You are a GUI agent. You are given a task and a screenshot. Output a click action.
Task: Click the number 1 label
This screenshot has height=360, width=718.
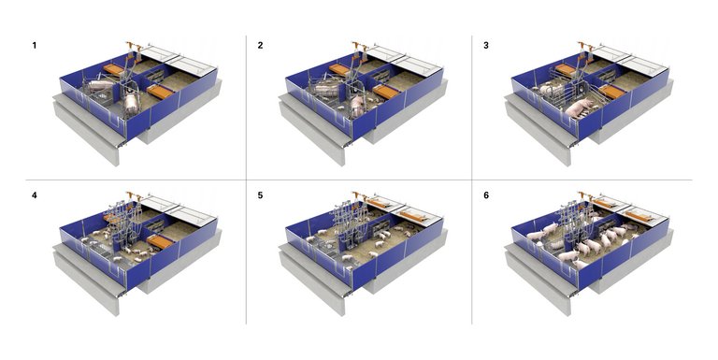pos(35,45)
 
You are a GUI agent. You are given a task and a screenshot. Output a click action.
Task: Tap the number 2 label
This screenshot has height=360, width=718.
pos(260,45)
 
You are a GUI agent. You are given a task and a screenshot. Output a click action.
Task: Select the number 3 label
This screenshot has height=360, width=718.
pos(486,45)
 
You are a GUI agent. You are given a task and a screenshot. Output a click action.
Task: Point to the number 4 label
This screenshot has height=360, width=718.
pos(35,195)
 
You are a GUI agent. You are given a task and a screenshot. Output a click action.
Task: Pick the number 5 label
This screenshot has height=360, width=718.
pos(260,195)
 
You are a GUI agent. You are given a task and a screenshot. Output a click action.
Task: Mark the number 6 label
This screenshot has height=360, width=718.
pos(486,195)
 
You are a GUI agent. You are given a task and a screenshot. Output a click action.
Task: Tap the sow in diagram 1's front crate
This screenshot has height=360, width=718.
pos(132,101)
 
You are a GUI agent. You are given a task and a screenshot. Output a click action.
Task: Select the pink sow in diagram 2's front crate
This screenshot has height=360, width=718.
pos(357,104)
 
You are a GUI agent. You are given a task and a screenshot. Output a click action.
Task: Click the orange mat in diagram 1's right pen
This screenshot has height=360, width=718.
pos(161,91)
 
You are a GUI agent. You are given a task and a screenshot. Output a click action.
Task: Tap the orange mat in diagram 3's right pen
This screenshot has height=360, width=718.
pos(611,91)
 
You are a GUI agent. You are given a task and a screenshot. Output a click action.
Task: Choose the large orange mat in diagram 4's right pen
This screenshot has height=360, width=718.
pos(161,241)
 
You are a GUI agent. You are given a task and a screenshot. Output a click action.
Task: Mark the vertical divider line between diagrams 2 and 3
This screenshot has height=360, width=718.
pos(471,107)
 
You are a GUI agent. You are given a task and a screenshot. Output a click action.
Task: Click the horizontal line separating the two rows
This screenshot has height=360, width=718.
pos(359,180)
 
